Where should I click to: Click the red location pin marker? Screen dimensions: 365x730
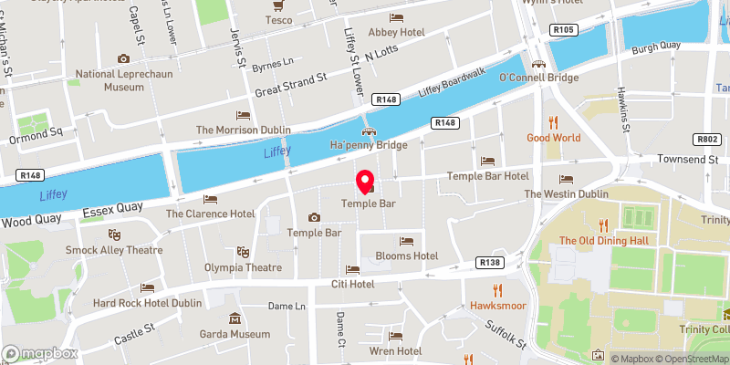[364, 181]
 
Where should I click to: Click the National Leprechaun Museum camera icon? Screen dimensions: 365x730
[123, 58]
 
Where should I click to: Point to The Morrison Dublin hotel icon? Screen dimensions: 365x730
[242, 115]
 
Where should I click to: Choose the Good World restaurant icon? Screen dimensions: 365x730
[553, 122]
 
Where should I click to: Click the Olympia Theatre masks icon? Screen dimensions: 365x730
[242, 251]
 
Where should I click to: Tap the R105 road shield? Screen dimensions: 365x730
[562, 30]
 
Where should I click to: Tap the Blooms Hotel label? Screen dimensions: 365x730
[406, 256]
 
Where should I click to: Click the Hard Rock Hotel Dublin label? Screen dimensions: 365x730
[147, 303]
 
